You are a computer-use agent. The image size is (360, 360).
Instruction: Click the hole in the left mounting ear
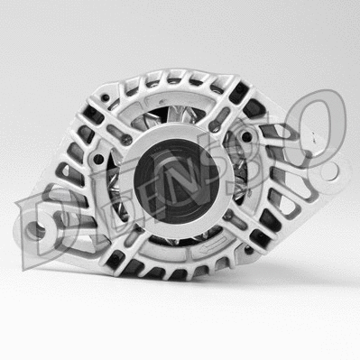pos(41,229)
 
